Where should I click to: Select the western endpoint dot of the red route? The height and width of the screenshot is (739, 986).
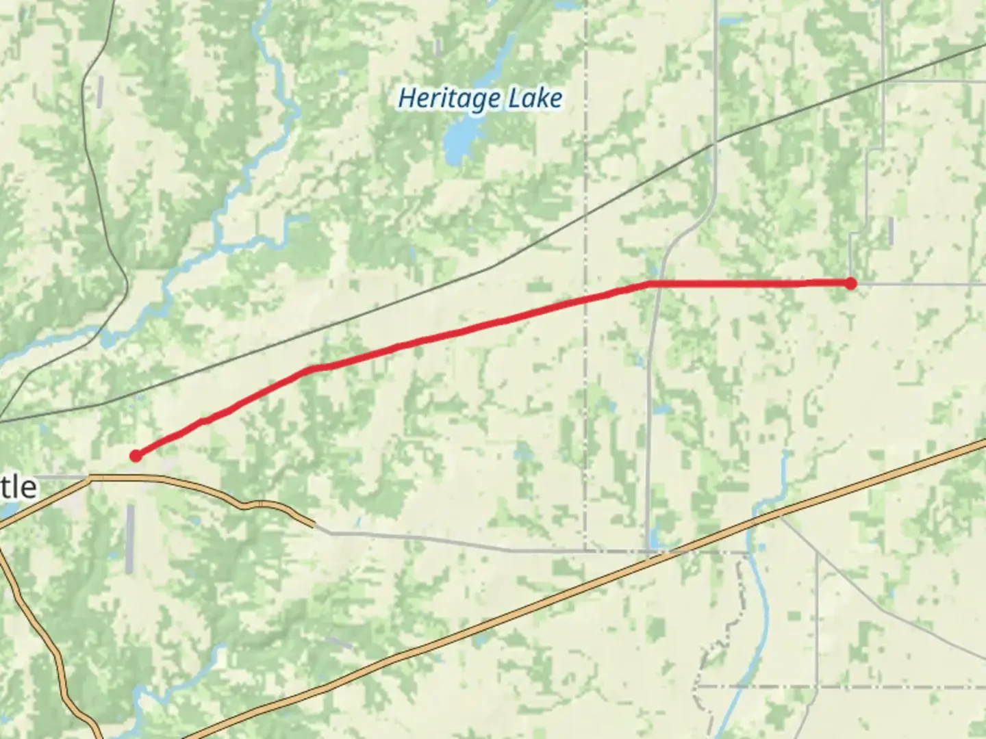136,456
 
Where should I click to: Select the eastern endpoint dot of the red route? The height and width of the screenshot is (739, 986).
850,283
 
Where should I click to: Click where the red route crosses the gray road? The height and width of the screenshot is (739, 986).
658,283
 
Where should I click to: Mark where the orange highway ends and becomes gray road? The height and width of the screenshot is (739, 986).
315,526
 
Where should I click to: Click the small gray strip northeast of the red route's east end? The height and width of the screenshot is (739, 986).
891,231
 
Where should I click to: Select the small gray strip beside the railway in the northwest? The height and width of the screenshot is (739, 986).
100,91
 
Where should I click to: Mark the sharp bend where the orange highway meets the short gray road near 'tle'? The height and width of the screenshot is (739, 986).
89,478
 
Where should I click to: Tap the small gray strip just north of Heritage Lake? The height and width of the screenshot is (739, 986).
436,45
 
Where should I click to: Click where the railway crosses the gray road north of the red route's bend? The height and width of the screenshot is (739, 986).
716,142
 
